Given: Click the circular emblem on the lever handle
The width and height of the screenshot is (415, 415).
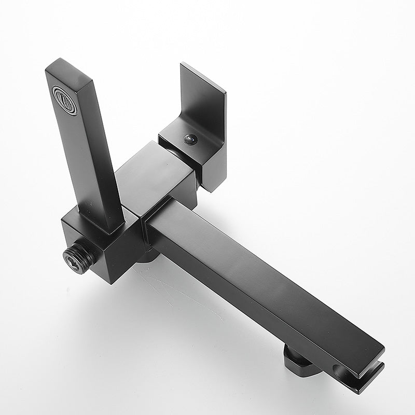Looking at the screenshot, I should pos(65,100).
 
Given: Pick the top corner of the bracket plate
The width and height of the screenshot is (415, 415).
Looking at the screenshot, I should pos(183,65).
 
